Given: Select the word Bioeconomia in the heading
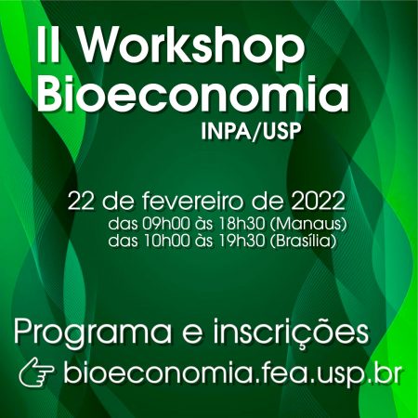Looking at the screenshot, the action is click(x=193, y=93).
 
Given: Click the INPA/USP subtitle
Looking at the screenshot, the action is click(x=251, y=132).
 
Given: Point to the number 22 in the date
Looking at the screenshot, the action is click(x=81, y=202).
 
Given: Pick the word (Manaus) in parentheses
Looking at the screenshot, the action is click(x=308, y=224).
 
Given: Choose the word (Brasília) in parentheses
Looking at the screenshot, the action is click(x=304, y=242).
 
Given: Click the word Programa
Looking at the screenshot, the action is click(x=92, y=333).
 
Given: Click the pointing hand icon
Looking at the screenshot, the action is click(x=37, y=372).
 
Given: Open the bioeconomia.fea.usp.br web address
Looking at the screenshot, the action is click(x=232, y=372).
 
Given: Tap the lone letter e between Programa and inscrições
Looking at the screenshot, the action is click(x=192, y=335).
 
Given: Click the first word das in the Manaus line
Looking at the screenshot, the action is click(x=123, y=224).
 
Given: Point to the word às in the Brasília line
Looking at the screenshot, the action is click(x=203, y=241).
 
